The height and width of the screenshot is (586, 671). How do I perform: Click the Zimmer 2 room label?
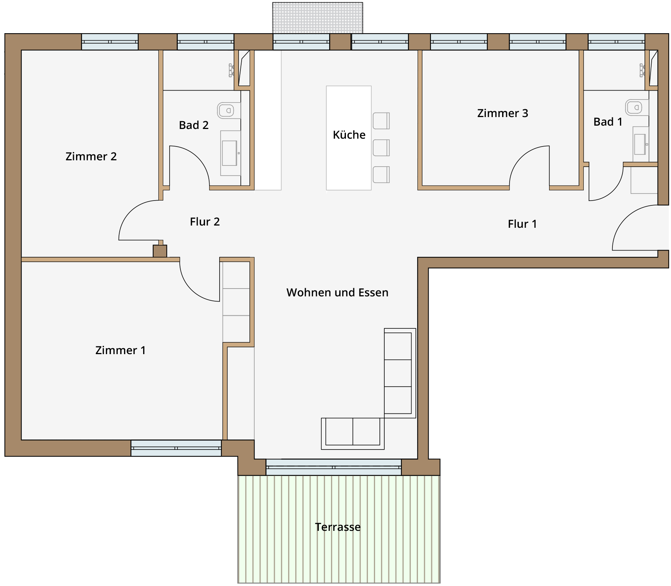[91, 156]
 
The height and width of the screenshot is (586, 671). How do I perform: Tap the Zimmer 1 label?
[120, 350]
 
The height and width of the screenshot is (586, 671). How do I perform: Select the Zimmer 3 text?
[503, 113]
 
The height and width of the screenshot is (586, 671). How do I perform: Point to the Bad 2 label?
[193, 125]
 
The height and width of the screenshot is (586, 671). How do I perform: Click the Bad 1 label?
[608, 122]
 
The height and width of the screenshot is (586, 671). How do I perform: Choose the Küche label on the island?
[349, 135]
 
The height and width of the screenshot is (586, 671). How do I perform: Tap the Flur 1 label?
[522, 224]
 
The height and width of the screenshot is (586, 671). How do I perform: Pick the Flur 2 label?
[205, 221]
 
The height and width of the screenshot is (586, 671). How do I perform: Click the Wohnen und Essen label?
[337, 292]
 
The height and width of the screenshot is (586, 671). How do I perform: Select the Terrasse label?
[338, 527]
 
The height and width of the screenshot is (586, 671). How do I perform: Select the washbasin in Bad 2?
[230, 153]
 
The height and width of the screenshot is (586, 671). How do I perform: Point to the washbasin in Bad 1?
[641, 144]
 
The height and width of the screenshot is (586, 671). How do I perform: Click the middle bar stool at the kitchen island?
[381, 148]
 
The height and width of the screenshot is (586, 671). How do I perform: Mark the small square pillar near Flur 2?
[160, 251]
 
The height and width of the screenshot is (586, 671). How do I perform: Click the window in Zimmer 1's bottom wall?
[176, 448]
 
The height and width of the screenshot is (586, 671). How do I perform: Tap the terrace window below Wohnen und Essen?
[334, 467]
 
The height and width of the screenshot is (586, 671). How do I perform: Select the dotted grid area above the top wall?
[318, 18]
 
